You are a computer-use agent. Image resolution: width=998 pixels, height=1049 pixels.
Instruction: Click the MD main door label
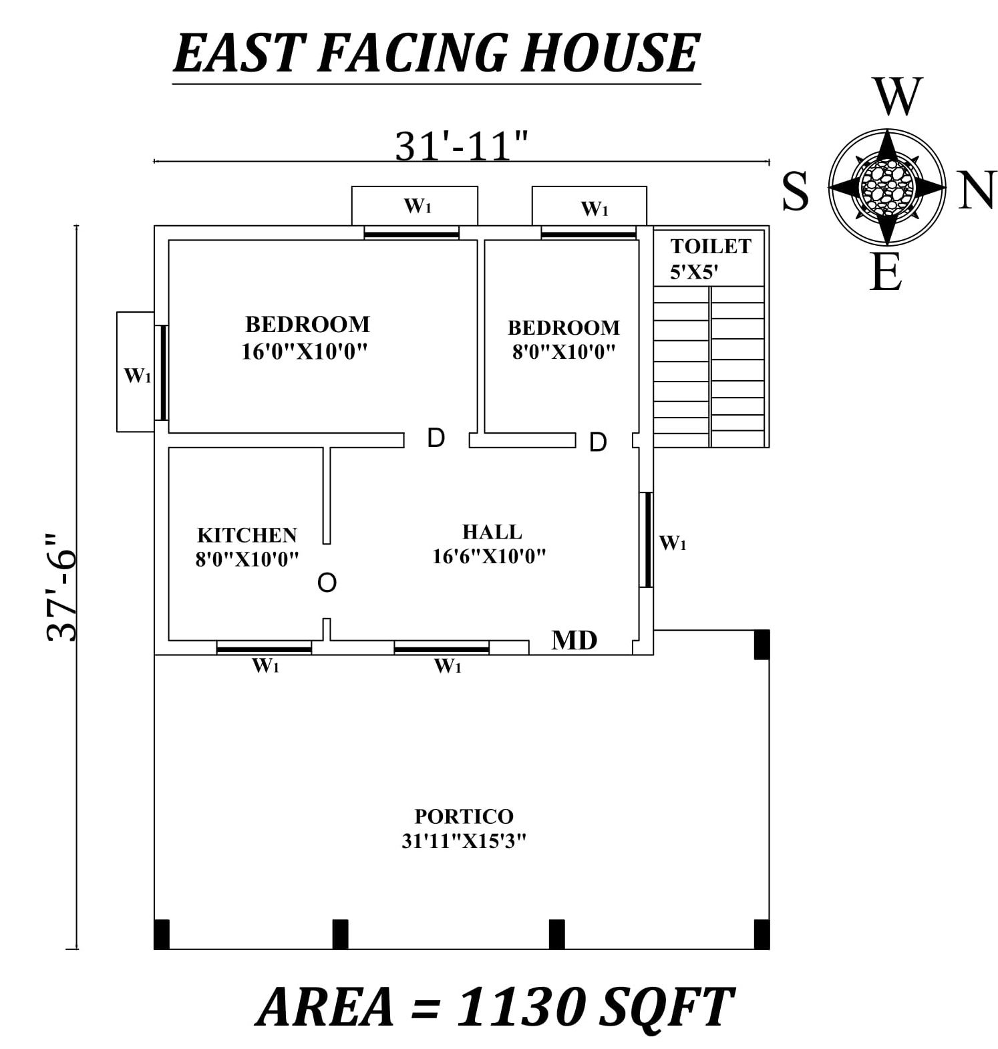click(574, 640)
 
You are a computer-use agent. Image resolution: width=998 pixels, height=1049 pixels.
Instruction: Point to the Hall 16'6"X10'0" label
click(490, 544)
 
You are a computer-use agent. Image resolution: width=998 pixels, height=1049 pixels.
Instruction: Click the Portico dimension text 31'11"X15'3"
click(464, 841)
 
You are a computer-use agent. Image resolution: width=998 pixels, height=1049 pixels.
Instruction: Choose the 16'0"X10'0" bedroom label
click(306, 337)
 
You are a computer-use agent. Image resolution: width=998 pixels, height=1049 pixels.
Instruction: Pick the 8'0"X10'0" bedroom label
click(563, 339)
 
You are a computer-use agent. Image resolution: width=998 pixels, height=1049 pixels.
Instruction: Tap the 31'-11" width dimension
click(462, 146)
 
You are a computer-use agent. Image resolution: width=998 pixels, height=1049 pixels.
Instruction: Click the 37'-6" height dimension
click(62, 587)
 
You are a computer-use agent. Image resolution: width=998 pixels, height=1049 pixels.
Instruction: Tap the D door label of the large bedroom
click(436, 439)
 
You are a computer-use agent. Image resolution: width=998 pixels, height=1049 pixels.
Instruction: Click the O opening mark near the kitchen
click(327, 583)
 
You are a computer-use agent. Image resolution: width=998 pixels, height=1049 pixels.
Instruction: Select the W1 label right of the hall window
click(673, 543)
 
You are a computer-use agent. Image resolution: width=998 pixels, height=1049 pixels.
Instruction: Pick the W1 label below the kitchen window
click(265, 665)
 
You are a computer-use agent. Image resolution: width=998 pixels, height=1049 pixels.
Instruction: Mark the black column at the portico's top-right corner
click(761, 644)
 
